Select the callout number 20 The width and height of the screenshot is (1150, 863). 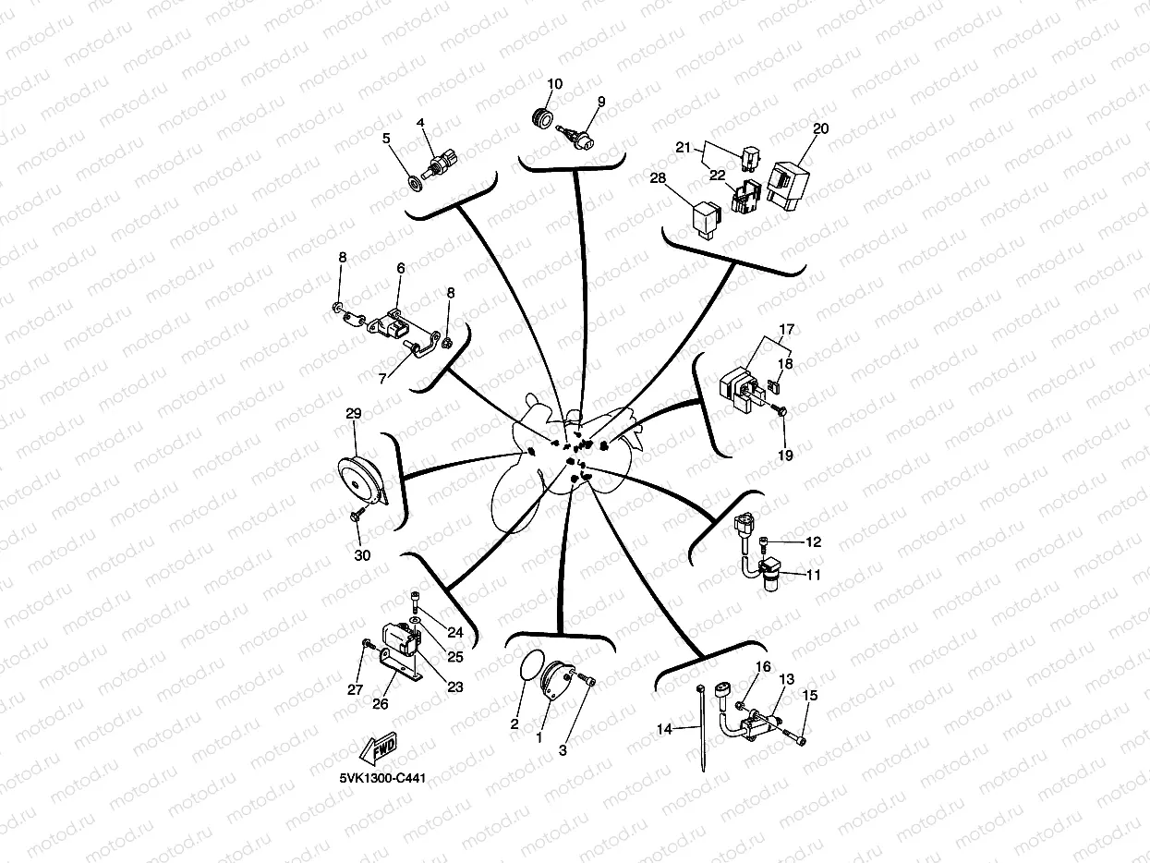[820, 128]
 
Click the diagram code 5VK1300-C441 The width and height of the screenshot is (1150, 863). [382, 778]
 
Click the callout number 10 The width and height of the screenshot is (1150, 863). [554, 84]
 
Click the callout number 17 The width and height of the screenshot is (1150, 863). [786, 329]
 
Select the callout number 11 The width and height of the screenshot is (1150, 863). [813, 574]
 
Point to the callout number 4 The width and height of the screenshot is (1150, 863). [420, 123]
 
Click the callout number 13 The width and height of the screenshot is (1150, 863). [786, 679]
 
